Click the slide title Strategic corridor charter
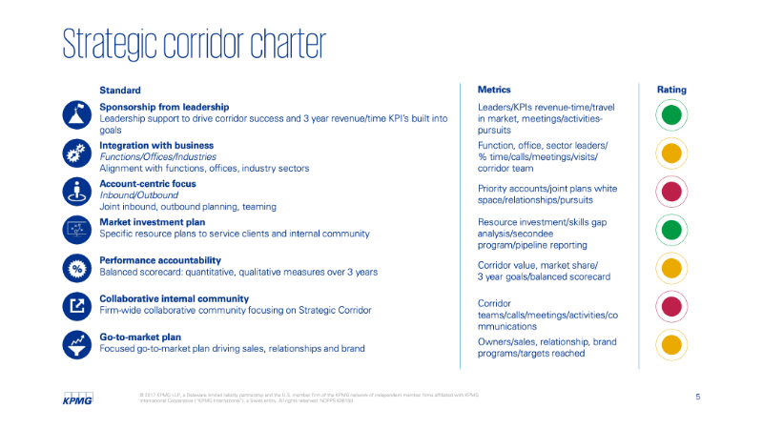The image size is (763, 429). click(194, 44)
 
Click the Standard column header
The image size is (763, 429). click(120, 90)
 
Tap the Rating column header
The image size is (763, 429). click(671, 90)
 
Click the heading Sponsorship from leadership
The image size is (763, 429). click(164, 107)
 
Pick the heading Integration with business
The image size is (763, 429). click(156, 145)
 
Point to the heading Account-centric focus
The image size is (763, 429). click(148, 183)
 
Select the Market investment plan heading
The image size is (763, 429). click(153, 221)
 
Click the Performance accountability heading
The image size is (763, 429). click(160, 260)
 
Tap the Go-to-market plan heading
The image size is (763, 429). click(140, 337)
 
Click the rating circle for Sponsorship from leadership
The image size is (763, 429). click(671, 115)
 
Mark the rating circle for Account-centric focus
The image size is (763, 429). click(671, 192)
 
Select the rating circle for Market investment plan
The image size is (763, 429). click(671, 230)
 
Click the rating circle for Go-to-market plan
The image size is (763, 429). click(671, 344)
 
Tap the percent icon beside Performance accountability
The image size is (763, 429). click(76, 268)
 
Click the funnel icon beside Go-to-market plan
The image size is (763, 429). click(76, 344)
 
